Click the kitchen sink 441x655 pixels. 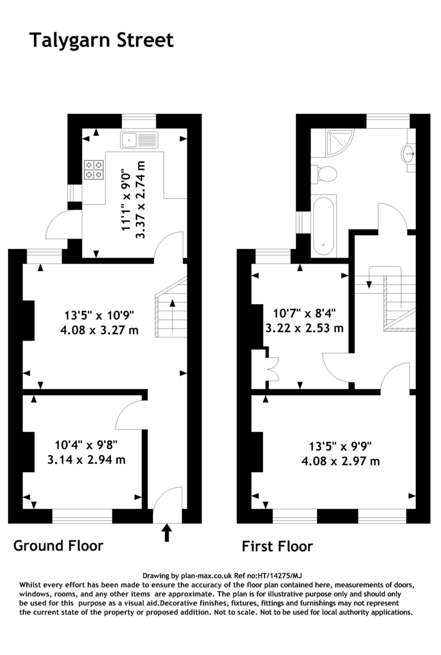pos(139,140)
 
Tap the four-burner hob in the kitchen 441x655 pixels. pos(94,170)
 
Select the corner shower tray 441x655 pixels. pos(332,142)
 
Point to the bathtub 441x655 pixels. pos(324,226)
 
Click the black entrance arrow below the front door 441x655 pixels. pos(167,533)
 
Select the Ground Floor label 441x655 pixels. pos(58,546)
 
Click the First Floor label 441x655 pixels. pos(277,546)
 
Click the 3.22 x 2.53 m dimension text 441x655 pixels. pos(305,328)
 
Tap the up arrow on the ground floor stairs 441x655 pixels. pos(172,315)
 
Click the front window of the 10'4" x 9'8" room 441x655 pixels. pos(82,516)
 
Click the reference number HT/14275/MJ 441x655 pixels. pos(279,576)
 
